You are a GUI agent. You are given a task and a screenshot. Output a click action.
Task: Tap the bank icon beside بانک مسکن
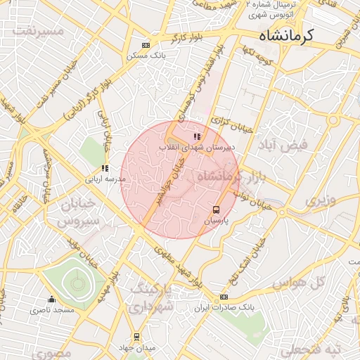tap(146, 44)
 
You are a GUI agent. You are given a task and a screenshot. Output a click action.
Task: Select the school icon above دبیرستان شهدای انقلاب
tap(197, 136)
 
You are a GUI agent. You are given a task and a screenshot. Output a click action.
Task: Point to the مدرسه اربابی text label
tap(105, 179)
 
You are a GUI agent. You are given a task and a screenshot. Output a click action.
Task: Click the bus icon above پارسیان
tap(216, 210)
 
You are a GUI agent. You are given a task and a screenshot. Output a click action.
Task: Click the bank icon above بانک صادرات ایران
tap(224, 297)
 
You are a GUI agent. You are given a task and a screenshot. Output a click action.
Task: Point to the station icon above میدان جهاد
tap(136, 337)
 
